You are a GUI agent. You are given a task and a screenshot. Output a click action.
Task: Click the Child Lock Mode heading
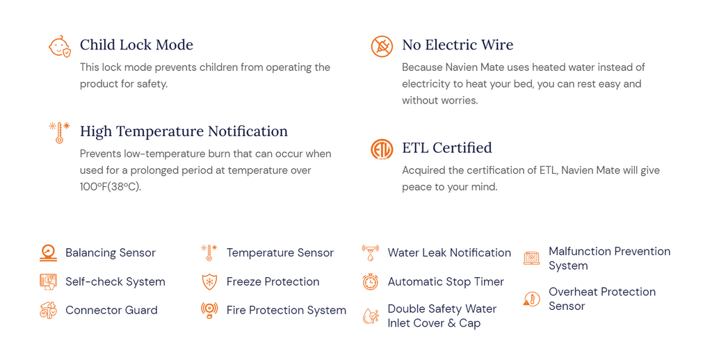click(136, 45)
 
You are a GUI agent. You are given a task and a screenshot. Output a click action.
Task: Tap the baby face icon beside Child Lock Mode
click(60, 46)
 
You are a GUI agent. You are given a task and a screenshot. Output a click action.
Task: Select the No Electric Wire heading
click(458, 45)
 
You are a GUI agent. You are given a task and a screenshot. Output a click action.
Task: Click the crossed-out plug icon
click(382, 47)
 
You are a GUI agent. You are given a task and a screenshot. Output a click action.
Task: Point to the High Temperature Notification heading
click(184, 131)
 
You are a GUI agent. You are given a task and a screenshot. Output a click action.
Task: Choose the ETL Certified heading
click(447, 147)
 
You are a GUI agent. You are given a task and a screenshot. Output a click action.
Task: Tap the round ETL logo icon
click(382, 149)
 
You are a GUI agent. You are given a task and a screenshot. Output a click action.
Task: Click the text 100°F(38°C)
click(111, 186)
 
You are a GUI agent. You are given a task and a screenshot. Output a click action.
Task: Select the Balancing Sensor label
click(111, 253)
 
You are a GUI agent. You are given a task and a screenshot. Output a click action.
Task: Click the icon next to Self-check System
click(48, 282)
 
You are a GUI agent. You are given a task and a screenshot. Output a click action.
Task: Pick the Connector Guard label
click(111, 311)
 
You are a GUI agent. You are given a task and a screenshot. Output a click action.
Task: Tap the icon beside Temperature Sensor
click(209, 253)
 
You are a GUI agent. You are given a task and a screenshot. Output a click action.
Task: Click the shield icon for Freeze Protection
click(209, 282)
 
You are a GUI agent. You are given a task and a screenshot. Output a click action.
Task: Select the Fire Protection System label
click(286, 311)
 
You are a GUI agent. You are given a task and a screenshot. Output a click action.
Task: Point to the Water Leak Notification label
click(449, 253)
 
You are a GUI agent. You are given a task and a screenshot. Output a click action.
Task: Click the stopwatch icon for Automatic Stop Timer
click(371, 282)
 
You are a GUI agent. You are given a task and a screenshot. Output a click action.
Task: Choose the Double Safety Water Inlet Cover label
click(442, 316)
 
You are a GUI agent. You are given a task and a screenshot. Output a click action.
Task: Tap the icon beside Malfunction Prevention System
click(531, 258)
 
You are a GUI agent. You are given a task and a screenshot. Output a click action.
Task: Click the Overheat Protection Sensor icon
click(531, 299)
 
